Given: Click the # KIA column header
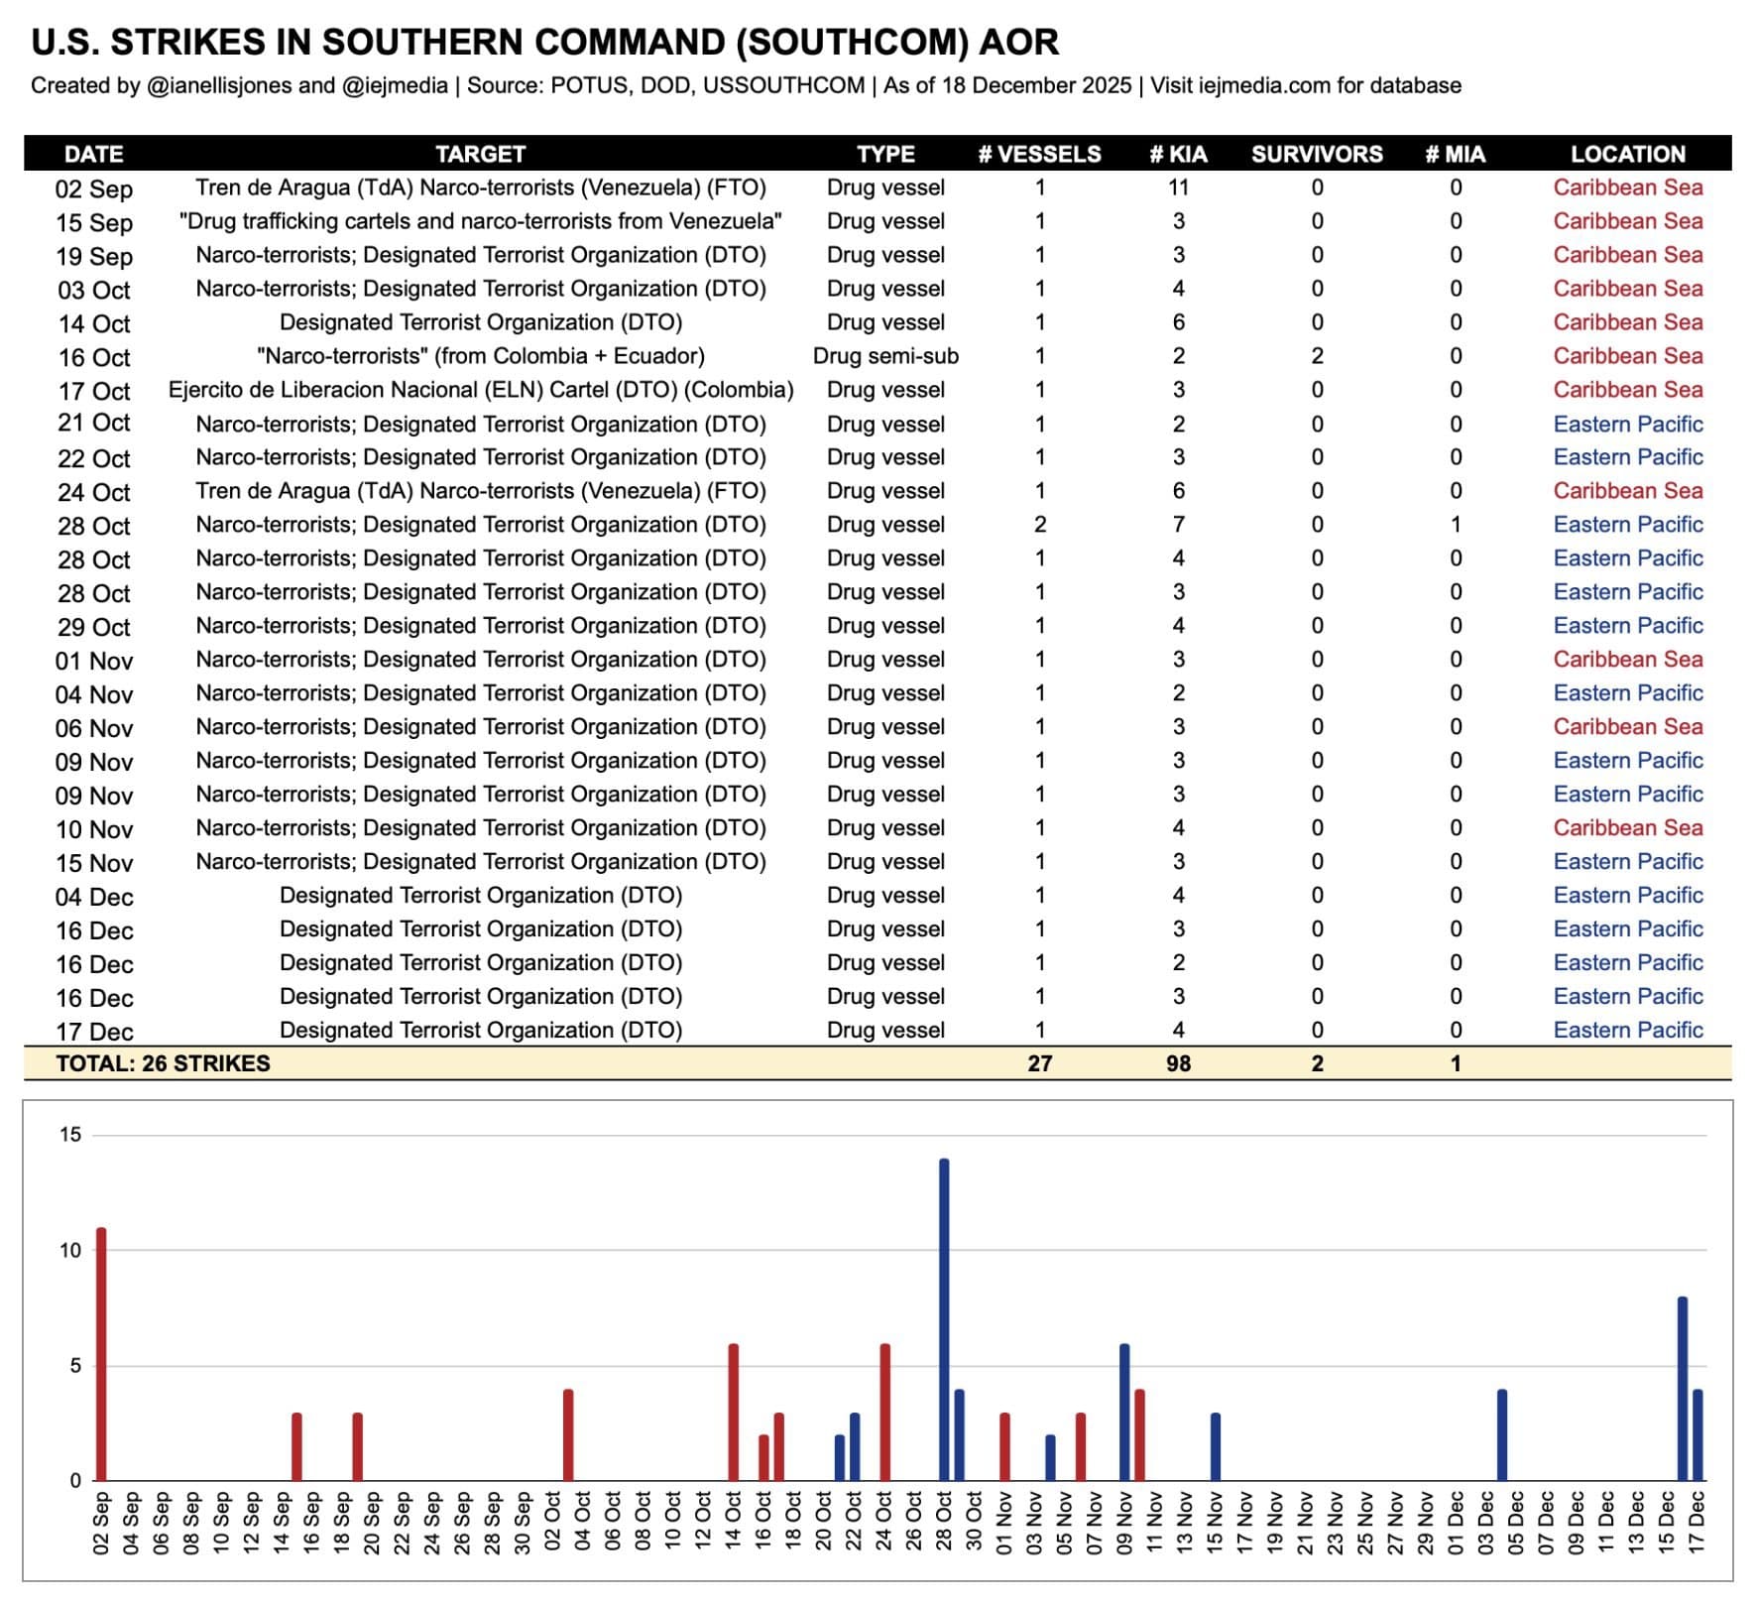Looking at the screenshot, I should (x=1178, y=154).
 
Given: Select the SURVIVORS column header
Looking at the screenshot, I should (x=1316, y=154).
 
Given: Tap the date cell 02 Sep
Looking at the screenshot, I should (x=94, y=188).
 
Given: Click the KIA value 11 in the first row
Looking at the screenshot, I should (x=1178, y=187).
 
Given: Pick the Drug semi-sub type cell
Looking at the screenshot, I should (x=885, y=356).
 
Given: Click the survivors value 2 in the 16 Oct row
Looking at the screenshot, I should (x=1317, y=356).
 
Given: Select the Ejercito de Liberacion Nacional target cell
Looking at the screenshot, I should (x=481, y=390).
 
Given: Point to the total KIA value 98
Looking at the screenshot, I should (x=1178, y=1063).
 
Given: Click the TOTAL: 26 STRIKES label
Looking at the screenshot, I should (x=163, y=1063).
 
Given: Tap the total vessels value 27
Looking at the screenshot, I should (x=1039, y=1063).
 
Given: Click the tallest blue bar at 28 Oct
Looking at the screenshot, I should (x=944, y=1319).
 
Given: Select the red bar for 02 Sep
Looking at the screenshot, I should (x=101, y=1354).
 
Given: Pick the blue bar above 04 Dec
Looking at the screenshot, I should (x=1502, y=1435).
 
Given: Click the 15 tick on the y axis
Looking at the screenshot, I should (x=70, y=1135).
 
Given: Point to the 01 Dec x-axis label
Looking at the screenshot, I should (x=1456, y=1523).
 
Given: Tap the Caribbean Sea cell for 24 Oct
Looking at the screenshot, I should (x=1627, y=491).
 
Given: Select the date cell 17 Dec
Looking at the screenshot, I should (x=94, y=1032).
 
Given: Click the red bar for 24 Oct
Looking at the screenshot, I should (x=885, y=1412).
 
